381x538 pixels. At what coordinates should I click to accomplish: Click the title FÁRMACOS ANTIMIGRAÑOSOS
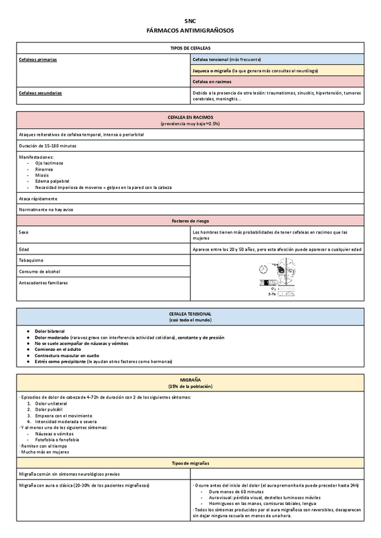pyautogui.click(x=190, y=30)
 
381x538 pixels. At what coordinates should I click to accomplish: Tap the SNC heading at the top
pyautogui.click(x=190, y=21)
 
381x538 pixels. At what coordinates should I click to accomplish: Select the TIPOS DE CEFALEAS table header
pyautogui.click(x=190, y=48)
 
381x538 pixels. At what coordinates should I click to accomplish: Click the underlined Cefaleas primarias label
pyautogui.click(x=37, y=59)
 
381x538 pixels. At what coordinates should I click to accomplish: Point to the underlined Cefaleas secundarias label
pyautogui.click(x=40, y=93)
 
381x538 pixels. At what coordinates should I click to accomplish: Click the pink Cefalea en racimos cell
pyautogui.click(x=212, y=82)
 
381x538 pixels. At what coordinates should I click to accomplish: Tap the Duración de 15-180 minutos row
pyautogui.click(x=48, y=145)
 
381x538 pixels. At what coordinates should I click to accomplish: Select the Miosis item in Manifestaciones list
pyautogui.click(x=43, y=175)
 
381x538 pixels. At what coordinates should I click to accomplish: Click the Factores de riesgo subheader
pyautogui.click(x=190, y=221)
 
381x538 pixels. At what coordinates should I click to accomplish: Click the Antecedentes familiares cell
pyautogui.click(x=43, y=283)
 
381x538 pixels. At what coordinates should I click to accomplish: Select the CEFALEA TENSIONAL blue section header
pyautogui.click(x=190, y=314)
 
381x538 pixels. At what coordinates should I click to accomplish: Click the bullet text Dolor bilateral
pyautogui.click(x=50, y=332)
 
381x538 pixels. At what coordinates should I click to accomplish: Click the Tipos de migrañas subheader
pyautogui.click(x=190, y=463)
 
